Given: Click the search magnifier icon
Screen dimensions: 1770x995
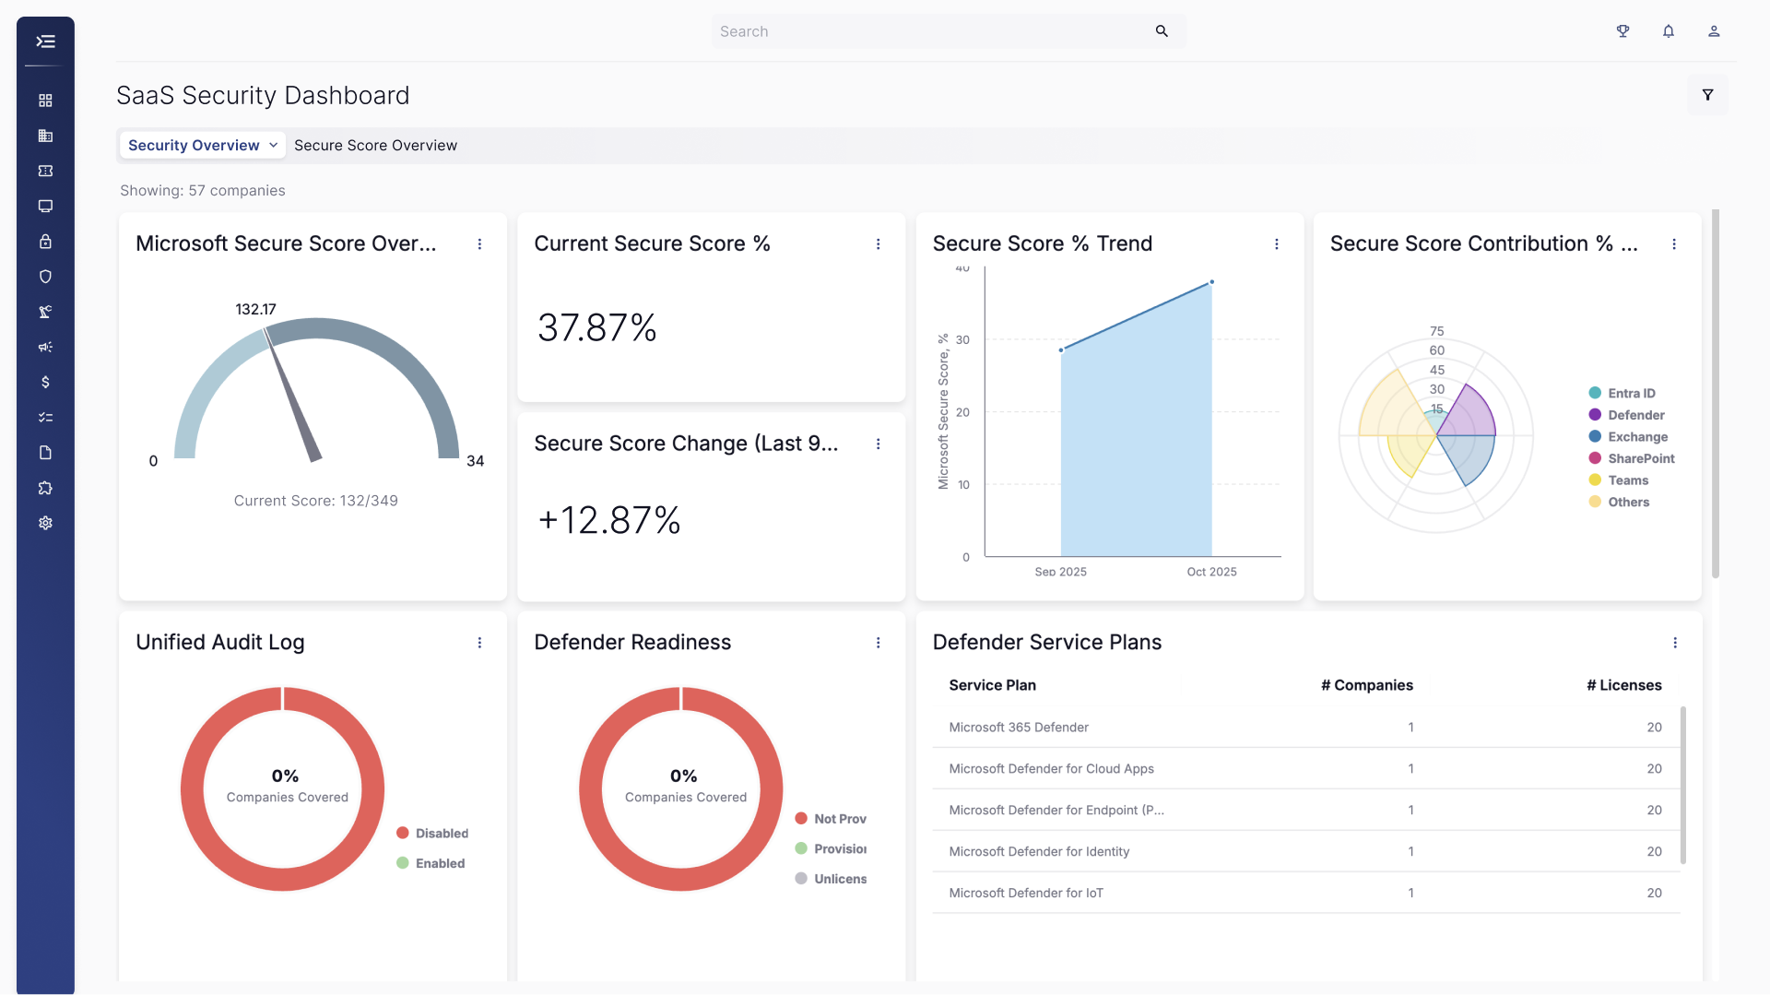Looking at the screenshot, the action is coord(1162,31).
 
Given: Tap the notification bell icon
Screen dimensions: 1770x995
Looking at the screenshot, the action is coord(1669,31).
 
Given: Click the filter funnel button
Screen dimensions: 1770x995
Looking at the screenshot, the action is coord(1707,95).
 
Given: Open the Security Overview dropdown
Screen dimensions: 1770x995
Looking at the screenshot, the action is coord(202,145).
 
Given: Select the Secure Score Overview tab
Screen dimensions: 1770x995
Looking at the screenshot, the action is coord(375,145).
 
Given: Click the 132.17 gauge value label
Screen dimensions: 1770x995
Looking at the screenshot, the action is coord(255,309).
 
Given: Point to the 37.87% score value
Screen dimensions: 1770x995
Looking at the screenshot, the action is coord(597,327).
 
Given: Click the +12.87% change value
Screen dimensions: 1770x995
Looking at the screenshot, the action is coord(609,520).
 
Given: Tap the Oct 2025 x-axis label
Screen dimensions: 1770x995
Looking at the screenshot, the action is coord(1211,572).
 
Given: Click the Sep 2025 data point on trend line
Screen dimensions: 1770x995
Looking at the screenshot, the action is coord(1061,350).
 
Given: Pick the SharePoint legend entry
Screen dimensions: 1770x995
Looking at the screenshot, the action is coord(1632,458).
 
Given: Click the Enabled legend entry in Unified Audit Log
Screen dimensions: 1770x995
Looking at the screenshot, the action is coord(431,863).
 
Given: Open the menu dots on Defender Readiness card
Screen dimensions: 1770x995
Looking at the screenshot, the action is coord(878,643).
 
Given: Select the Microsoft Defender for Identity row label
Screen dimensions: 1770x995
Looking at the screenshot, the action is coord(1039,851).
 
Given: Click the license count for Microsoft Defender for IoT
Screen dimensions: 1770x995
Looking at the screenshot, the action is coord(1654,893).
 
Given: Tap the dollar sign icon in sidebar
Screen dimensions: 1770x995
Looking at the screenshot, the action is coord(45,382).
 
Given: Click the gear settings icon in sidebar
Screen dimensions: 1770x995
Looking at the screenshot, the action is coord(45,523).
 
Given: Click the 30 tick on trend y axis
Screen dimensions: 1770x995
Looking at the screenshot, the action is coord(962,340).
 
